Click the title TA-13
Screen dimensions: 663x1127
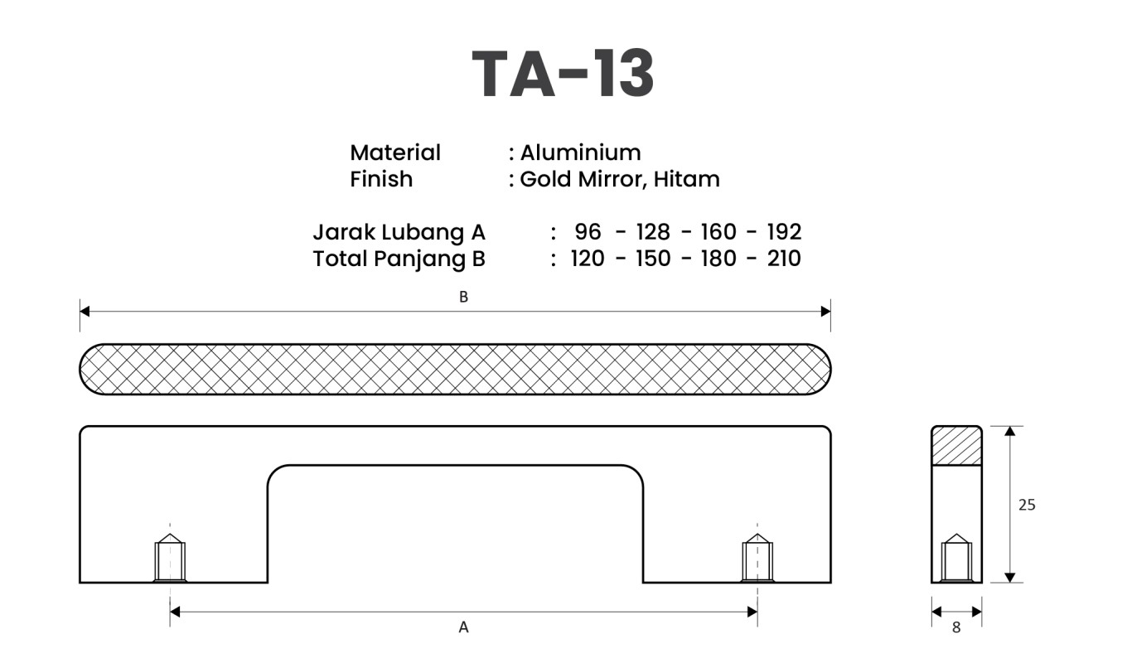pyautogui.click(x=563, y=75)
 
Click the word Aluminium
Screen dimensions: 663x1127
pyautogui.click(x=580, y=152)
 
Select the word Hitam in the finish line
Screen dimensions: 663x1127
pyautogui.click(x=686, y=179)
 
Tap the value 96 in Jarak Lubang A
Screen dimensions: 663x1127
pyautogui.click(x=588, y=231)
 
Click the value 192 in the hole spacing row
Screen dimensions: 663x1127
pyautogui.click(x=783, y=231)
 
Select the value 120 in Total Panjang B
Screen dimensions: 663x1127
pyautogui.click(x=588, y=259)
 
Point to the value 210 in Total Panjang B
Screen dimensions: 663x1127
pyautogui.click(x=783, y=259)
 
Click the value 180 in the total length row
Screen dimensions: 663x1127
pyautogui.click(x=718, y=259)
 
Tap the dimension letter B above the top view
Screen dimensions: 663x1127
pyautogui.click(x=463, y=297)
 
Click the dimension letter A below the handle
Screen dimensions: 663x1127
pyautogui.click(x=463, y=627)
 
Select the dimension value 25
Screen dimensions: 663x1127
pyautogui.click(x=1027, y=504)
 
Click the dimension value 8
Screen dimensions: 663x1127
pyautogui.click(x=956, y=628)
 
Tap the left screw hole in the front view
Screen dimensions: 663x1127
pyautogui.click(x=170, y=559)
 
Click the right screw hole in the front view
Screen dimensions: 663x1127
pyautogui.click(x=757, y=559)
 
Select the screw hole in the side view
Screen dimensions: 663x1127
pyautogui.click(x=956, y=559)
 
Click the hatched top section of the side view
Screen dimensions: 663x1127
pyautogui.click(x=956, y=446)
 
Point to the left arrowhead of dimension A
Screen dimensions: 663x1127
pyautogui.click(x=175, y=612)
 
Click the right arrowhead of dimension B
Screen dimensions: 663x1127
pyautogui.click(x=825, y=311)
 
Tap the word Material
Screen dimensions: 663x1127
pyautogui.click(x=395, y=152)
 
